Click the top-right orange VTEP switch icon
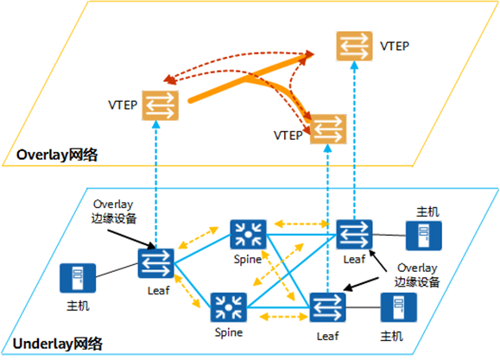point(354,46)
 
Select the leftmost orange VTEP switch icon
point(160,105)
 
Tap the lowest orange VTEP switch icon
point(328,129)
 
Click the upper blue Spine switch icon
point(248,234)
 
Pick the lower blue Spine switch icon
point(228,307)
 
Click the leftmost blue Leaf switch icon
point(156,263)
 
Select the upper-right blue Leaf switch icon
point(354,234)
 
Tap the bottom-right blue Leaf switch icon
point(328,307)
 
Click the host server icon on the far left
point(78,278)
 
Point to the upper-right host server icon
point(424,236)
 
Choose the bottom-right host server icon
point(399,307)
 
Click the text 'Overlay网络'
point(57,155)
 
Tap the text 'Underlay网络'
point(58,344)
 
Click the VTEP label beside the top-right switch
point(395,47)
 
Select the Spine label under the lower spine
point(229,332)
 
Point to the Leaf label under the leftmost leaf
point(159,290)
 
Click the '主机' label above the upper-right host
point(428,212)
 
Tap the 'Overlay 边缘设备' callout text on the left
point(114,212)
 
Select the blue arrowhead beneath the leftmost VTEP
point(156,124)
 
